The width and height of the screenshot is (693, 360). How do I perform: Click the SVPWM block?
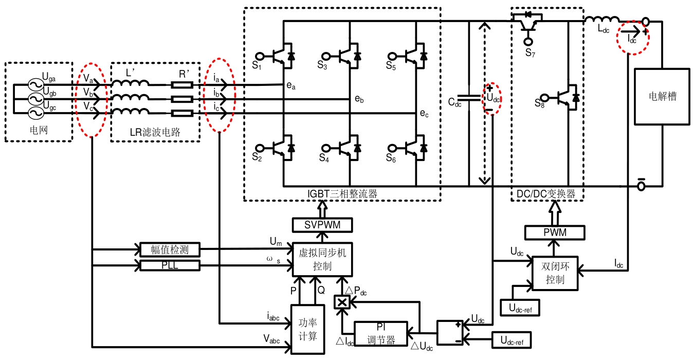point(322,225)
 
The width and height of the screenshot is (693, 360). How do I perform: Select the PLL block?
point(170,265)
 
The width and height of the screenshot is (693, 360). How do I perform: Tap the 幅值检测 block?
point(170,249)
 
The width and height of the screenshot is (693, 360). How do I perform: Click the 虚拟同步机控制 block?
point(322,259)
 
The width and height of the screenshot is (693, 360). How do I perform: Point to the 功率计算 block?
point(307,329)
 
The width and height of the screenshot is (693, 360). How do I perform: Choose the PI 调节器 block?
point(381,334)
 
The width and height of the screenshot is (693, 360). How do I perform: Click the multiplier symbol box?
point(342,302)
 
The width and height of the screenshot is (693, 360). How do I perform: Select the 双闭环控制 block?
point(555,273)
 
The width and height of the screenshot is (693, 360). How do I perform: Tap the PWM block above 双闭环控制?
point(555,232)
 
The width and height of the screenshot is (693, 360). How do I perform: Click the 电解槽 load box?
point(662,97)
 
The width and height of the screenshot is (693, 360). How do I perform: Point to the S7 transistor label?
point(530,53)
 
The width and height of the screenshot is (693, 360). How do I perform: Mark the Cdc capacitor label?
point(454,102)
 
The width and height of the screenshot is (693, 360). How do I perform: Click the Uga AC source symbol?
point(36,84)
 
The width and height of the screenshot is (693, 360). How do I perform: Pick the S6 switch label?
point(391,158)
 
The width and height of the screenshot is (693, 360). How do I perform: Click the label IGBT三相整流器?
point(342,194)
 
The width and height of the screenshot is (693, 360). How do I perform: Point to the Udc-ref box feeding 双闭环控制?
point(520,308)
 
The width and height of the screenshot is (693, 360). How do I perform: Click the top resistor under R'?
point(182,85)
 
